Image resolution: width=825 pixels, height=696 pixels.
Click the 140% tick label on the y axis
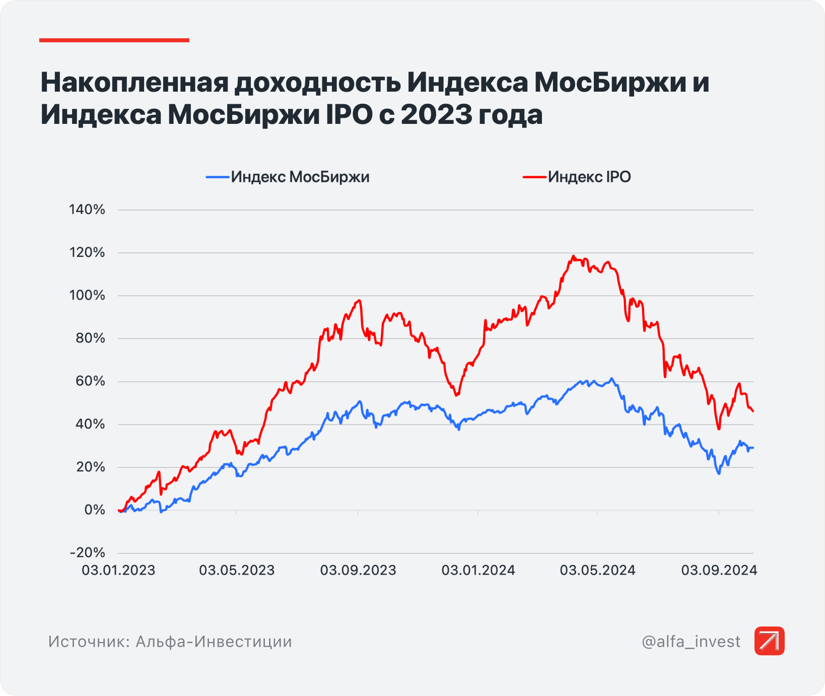[87, 210]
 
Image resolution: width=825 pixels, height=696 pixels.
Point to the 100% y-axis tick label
[87, 295]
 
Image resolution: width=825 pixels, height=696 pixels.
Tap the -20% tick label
[88, 552]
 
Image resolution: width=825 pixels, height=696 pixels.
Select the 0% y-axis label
[95, 510]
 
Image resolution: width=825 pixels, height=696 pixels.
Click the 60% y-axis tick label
[90, 381]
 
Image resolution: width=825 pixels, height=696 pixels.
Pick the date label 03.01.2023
[118, 570]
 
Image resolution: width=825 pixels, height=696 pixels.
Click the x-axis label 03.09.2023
[358, 570]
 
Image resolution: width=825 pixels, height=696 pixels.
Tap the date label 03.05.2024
[598, 570]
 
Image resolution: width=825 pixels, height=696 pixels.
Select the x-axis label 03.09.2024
[719, 570]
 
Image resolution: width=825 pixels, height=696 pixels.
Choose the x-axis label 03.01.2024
[478, 570]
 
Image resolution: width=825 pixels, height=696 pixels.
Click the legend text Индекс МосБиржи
[300, 177]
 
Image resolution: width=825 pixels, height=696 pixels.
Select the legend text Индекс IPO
[589, 177]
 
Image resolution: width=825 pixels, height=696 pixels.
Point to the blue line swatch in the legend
[218, 177]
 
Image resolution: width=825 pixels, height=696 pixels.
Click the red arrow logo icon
[769, 641]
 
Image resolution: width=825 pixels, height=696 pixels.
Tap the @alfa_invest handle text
[691, 642]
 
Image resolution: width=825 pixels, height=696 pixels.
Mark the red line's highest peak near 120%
[573, 256]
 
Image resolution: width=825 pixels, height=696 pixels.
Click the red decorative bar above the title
[114, 40]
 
